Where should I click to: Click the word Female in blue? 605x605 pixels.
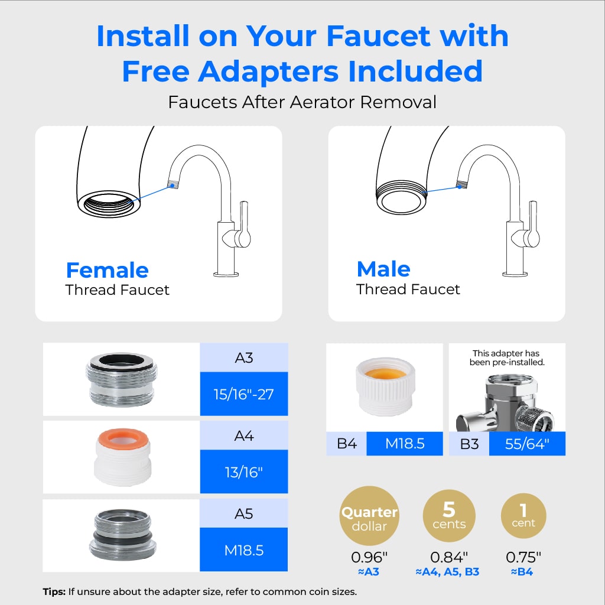point(108,269)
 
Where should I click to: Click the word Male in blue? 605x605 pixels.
point(383,269)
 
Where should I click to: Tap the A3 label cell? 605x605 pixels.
point(244,357)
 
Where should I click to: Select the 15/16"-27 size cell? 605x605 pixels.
point(244,394)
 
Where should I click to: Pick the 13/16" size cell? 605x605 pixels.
point(244,471)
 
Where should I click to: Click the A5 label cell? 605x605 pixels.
point(244,513)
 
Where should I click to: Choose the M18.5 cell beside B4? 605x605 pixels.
point(405,444)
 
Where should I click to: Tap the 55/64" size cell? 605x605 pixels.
point(527,444)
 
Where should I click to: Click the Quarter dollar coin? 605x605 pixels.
point(369,516)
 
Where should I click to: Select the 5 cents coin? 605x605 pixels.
point(449,516)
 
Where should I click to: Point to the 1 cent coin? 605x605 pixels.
point(523,516)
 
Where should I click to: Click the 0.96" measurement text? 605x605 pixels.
point(369,557)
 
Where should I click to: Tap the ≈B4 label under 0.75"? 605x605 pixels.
point(522,572)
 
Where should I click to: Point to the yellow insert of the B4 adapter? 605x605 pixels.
point(385,373)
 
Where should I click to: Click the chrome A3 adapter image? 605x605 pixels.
point(122,379)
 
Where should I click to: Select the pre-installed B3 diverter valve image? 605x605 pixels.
point(506,403)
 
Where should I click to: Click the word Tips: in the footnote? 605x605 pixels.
point(54,591)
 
